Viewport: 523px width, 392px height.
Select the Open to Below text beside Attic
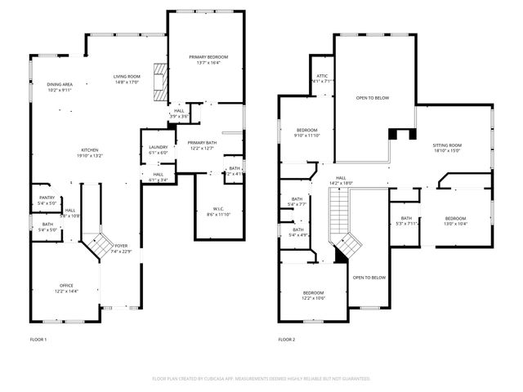(372, 98)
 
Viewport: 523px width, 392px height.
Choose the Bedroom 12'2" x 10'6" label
(314, 295)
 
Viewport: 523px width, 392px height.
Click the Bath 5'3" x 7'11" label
(406, 220)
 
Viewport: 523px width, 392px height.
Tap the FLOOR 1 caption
(38, 339)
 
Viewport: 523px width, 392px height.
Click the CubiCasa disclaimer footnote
(261, 379)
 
